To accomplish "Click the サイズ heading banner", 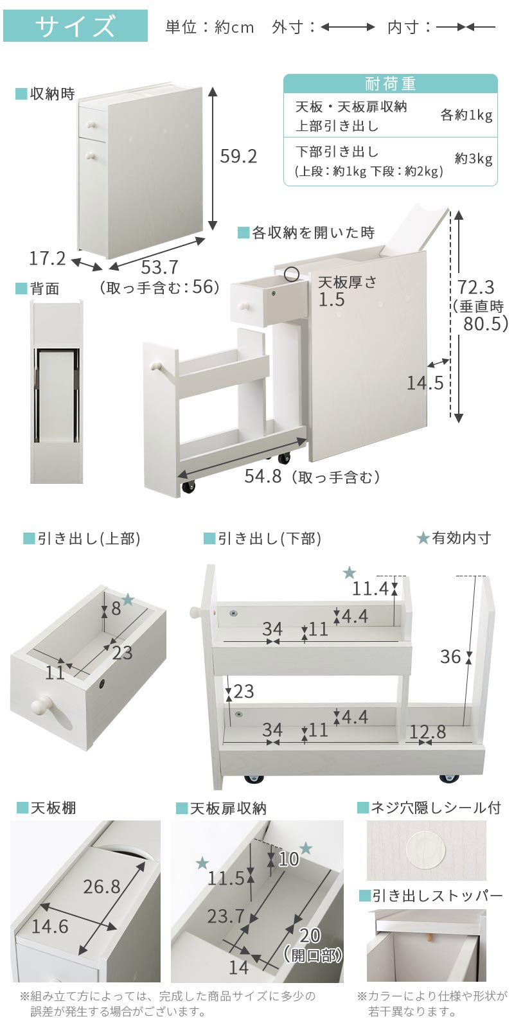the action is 75,26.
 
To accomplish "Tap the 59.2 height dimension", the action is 238,156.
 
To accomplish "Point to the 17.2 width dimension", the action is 48,258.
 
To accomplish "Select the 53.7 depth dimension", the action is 159,267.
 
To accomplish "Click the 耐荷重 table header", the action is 391,84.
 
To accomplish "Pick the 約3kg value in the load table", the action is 474,159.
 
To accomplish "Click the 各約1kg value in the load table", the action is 466,115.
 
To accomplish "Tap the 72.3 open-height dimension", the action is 476,287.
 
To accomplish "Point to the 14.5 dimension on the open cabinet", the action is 425,383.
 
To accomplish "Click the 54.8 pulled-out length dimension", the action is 263,476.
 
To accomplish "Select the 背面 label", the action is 44,288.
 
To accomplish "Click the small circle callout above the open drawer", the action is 292,274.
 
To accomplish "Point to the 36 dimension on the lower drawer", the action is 450,657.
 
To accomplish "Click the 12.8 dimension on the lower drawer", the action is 427,732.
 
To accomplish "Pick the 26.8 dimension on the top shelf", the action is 102,886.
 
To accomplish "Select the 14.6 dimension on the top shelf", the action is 49,926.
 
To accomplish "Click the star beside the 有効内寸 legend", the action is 423,538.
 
